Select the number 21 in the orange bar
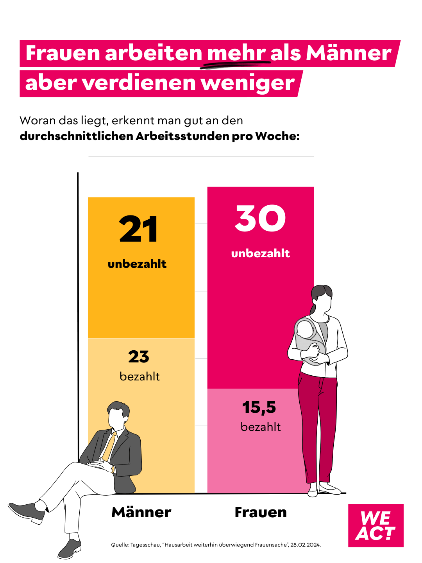pyautogui.click(x=139, y=230)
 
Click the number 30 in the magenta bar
pyautogui.click(x=261, y=219)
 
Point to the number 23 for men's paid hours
pyautogui.click(x=139, y=357)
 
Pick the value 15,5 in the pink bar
pyautogui.click(x=259, y=407)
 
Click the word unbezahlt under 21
pyautogui.click(x=137, y=264)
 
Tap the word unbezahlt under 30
pyautogui.click(x=261, y=253)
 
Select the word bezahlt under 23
pyautogui.click(x=139, y=377)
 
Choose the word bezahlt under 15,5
pyautogui.click(x=261, y=427)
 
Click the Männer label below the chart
pyautogui.click(x=141, y=512)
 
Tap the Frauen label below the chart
pyautogui.click(x=261, y=512)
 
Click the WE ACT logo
pyautogui.click(x=376, y=525)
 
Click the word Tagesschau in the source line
pyautogui.click(x=145, y=545)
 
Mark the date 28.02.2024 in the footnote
pyautogui.click(x=305, y=545)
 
